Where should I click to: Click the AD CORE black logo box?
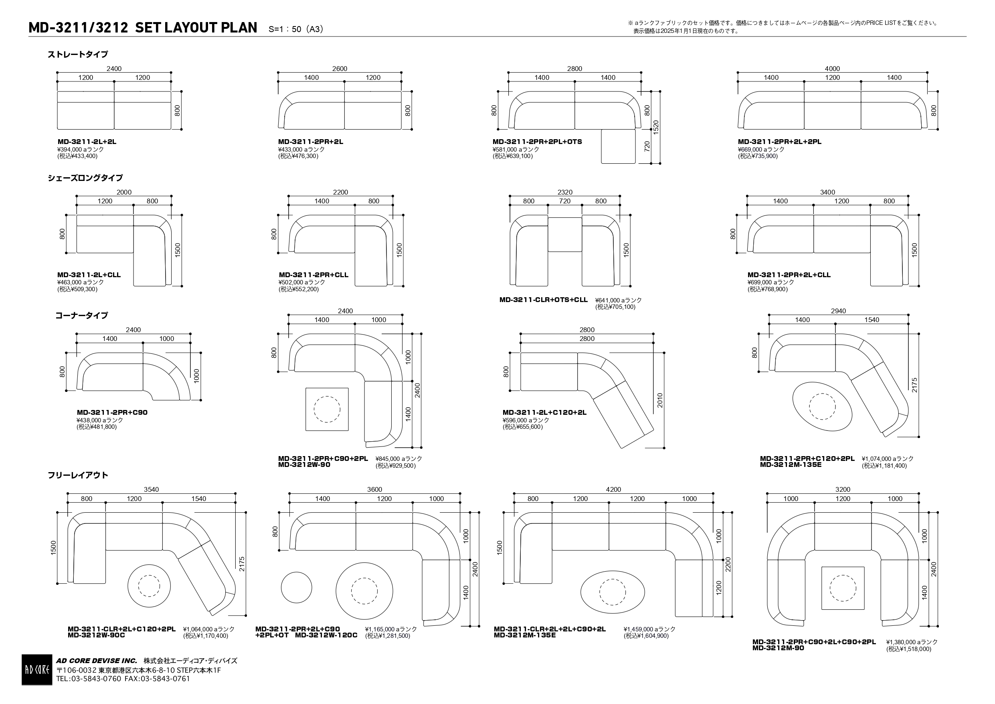coord(37,670)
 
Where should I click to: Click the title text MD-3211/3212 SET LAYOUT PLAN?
coord(143,28)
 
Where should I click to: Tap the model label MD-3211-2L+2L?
coord(87,142)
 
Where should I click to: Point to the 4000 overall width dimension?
coord(832,69)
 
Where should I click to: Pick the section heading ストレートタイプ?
coord(78,55)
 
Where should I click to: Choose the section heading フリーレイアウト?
coord(78,475)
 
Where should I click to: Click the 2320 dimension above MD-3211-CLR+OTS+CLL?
coord(565,192)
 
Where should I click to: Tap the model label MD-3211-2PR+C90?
coord(112,412)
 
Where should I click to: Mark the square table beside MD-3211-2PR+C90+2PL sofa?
coord(327,409)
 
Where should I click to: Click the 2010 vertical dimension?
coord(659,400)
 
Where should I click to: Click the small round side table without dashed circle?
coord(296,588)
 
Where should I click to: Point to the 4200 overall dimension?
coord(613,489)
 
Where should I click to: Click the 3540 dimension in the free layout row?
coord(151,489)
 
